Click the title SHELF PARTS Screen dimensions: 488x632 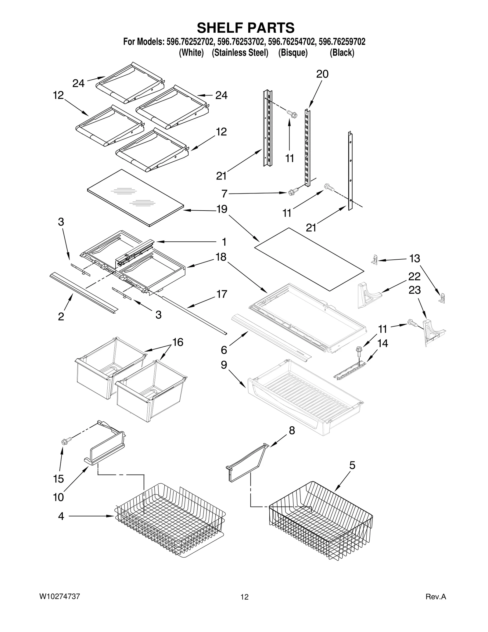click(x=246, y=28)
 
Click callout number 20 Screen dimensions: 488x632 click(x=322, y=74)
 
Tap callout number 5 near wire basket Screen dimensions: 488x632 click(x=352, y=465)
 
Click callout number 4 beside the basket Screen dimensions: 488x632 click(x=61, y=516)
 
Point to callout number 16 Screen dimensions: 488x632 click(x=178, y=342)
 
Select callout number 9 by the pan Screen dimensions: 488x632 click(x=224, y=365)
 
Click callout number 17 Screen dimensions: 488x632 click(x=222, y=294)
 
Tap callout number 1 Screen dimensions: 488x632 click(x=224, y=242)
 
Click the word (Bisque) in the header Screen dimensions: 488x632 click(x=293, y=53)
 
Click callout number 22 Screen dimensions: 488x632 click(x=414, y=276)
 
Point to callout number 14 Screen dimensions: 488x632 click(x=382, y=343)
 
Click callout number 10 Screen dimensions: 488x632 click(x=59, y=497)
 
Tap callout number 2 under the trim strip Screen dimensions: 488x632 click(x=61, y=316)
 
